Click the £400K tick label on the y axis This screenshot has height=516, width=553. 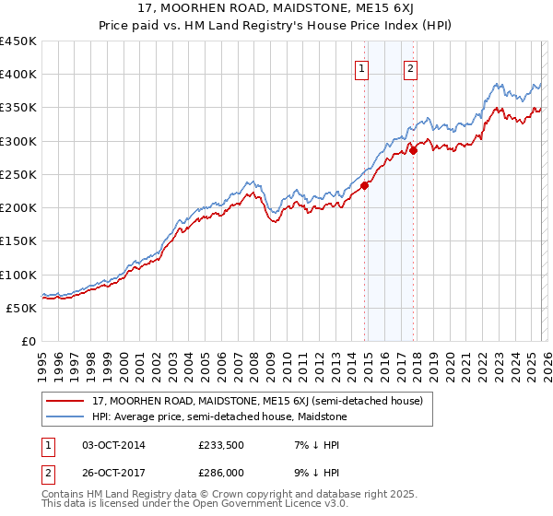point(18,75)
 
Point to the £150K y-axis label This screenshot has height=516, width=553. point(18,241)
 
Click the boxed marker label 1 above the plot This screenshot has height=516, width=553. point(361,67)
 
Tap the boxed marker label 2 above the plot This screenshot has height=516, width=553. point(409,67)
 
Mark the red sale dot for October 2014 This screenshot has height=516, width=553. point(364,185)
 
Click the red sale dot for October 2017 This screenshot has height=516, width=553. point(414,150)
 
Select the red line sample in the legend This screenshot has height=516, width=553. point(65,401)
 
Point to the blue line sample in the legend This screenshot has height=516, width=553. point(65,416)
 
